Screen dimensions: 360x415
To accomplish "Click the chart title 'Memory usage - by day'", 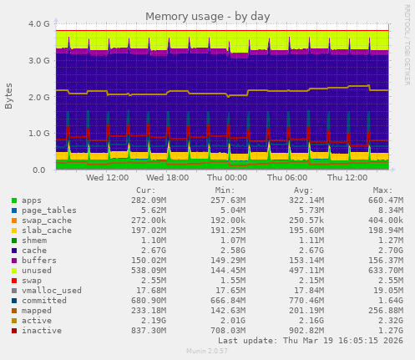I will (x=207, y=16).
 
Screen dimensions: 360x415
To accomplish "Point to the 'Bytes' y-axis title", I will (x=9, y=96).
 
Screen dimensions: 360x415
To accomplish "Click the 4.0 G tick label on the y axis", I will (x=38, y=24).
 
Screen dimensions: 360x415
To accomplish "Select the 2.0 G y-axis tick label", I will (x=38, y=97).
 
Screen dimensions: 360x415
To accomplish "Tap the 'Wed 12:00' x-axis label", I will (x=107, y=177).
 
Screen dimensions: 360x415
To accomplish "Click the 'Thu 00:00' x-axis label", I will (x=226, y=177).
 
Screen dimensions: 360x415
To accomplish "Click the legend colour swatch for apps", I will (x=13, y=200).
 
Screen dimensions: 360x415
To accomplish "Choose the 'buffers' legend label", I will (x=40, y=261).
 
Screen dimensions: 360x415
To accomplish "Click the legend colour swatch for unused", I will (x=13, y=270).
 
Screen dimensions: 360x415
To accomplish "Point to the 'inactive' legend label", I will (x=43, y=330).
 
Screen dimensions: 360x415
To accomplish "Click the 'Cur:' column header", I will (x=145, y=190).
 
